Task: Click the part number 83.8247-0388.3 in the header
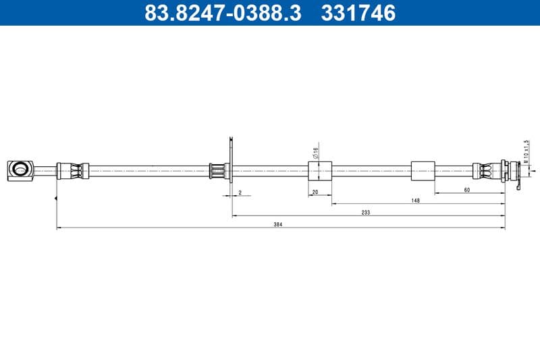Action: coord(223,13)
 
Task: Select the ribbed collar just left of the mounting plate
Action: coord(217,171)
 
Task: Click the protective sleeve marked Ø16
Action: coord(320,171)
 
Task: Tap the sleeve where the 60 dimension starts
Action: coord(423,171)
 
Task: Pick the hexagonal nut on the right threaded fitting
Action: coord(506,170)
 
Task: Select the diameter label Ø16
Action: coord(315,153)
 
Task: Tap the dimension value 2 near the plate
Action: coord(240,192)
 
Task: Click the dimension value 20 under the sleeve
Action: coord(315,192)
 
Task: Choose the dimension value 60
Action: coord(467,190)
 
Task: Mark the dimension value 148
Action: coord(416,201)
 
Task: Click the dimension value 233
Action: coord(366,212)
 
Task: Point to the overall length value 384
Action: coord(277,224)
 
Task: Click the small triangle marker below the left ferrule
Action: coord(55,198)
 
